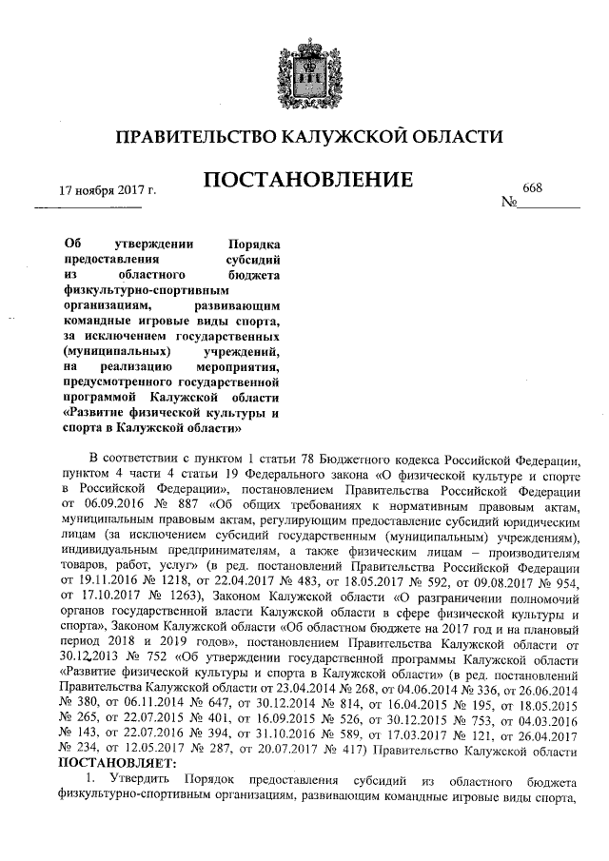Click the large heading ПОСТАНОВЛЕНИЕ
coord(304,180)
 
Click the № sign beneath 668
coord(508,203)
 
